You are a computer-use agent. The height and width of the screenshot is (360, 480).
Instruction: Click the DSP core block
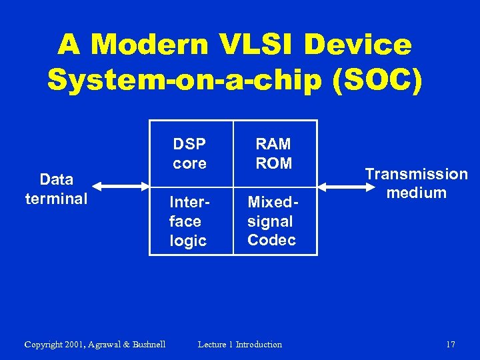click(x=191, y=154)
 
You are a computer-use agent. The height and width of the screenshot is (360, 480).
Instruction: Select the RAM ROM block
click(x=274, y=154)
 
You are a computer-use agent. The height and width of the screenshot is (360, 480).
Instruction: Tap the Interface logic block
click(x=191, y=221)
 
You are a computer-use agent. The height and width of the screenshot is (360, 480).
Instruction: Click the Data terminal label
click(x=56, y=189)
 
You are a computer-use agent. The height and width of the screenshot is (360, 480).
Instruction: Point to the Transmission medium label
click(x=416, y=183)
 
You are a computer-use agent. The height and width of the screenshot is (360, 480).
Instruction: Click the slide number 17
click(x=450, y=345)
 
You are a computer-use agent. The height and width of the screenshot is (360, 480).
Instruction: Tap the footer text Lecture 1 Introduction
click(x=240, y=345)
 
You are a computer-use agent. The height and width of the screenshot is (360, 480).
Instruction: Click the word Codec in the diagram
click(x=271, y=240)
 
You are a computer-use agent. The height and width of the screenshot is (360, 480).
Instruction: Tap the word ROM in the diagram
click(x=274, y=163)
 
